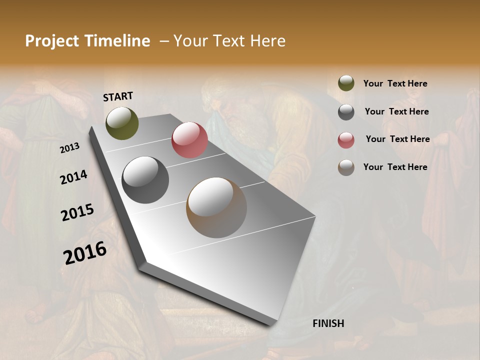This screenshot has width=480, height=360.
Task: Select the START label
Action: [x=118, y=96]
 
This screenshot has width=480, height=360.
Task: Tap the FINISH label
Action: [x=328, y=323]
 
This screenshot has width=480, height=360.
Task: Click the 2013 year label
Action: [x=70, y=147]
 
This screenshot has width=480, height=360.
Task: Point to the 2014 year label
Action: [x=73, y=177]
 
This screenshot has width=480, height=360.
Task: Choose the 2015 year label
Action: [x=77, y=212]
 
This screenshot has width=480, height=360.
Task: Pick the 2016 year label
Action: [x=85, y=253]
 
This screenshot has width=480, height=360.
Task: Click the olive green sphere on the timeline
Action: [x=122, y=123]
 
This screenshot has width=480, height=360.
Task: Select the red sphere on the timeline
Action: [x=189, y=140]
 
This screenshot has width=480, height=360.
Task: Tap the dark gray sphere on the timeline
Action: [x=145, y=180]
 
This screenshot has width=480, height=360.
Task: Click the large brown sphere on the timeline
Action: [x=216, y=207]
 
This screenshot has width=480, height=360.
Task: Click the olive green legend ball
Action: [x=346, y=83]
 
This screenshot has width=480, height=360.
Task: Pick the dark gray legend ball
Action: [x=346, y=112]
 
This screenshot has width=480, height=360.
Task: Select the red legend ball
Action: [x=346, y=140]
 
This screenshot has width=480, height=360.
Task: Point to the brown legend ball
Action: [x=346, y=167]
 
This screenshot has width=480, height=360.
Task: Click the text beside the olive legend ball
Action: [x=395, y=83]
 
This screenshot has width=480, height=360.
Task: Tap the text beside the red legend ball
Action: [x=398, y=139]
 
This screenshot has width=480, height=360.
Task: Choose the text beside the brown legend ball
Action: [x=395, y=167]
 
